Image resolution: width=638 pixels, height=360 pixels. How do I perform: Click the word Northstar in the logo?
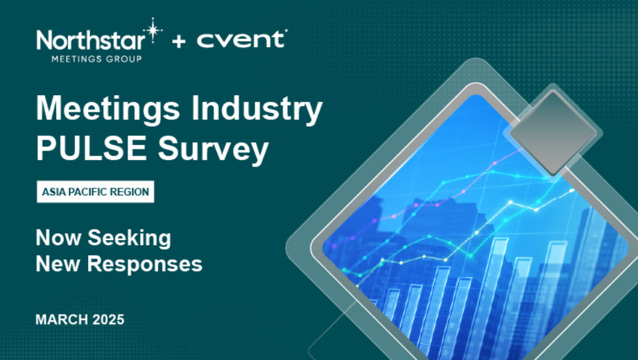pos(91,41)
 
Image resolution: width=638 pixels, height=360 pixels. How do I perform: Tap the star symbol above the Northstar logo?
pos(153,30)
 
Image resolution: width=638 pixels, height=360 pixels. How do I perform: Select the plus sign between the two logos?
pos(179,41)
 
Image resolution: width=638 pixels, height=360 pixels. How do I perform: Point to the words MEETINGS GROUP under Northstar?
pos(96,59)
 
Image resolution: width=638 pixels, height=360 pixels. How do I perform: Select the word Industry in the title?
pos(257,109)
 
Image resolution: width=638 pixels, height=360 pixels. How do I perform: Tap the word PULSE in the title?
pos(92,148)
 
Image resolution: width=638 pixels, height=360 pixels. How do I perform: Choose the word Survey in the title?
pos(213,150)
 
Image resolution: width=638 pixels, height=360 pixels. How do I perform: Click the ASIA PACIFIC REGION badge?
pos(96,191)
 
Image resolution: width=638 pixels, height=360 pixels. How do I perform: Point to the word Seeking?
pos(130,239)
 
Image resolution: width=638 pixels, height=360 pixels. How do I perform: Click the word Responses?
pos(145,265)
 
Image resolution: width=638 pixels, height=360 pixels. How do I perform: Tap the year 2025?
pos(108,320)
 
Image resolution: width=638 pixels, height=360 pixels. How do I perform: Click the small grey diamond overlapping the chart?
pos(553,132)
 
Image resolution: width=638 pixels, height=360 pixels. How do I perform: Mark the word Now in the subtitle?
pos(58,237)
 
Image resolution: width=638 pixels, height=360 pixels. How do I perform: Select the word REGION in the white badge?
pos(128,191)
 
